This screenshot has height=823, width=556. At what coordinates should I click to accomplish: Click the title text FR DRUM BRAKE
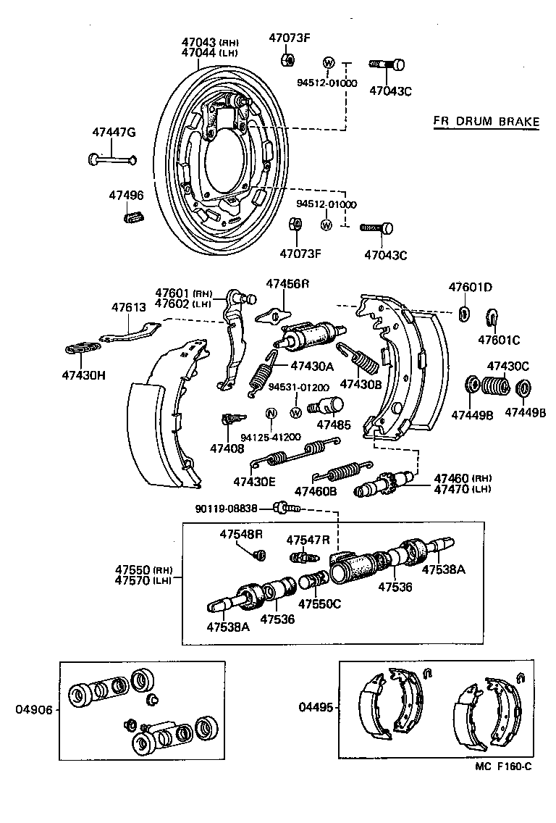[486, 121]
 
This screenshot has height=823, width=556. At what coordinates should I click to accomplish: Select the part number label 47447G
[114, 132]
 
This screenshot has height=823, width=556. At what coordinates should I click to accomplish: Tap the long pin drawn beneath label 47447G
[112, 159]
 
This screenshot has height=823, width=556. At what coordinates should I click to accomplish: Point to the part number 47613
[128, 307]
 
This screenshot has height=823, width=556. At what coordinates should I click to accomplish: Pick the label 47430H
[84, 375]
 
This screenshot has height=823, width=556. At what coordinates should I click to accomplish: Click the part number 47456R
[287, 283]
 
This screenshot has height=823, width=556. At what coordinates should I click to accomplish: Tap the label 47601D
[470, 287]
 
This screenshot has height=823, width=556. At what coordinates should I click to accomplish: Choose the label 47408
[227, 448]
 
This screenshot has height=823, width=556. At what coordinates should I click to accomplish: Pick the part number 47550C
[319, 603]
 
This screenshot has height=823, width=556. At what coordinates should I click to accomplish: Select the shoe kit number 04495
[314, 706]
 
